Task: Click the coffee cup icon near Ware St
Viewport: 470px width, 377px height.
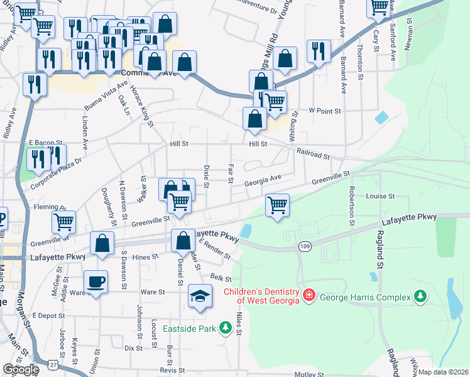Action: coord(96,281)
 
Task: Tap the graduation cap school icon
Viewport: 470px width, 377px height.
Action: coord(200,296)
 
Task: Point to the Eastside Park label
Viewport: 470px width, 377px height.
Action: coord(189,329)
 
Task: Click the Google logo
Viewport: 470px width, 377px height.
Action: coord(20,370)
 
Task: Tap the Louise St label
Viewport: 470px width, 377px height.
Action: coord(380,196)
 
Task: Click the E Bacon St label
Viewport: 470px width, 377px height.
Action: coord(46,143)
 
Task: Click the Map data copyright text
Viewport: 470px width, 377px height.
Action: coord(444,372)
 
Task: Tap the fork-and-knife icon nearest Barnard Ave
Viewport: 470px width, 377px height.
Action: coord(319,51)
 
